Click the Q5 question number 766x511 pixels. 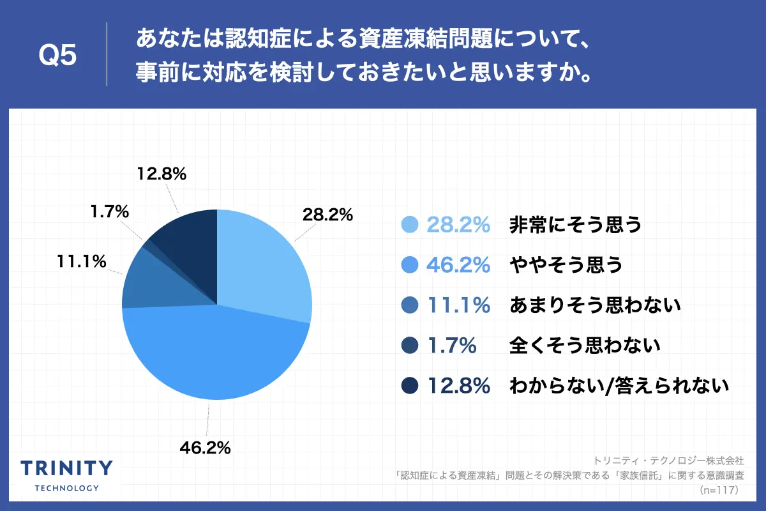[57, 56]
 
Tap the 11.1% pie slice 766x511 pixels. [160, 284]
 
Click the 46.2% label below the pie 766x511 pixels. [205, 448]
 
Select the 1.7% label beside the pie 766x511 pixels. [110, 211]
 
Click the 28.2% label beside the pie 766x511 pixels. [327, 215]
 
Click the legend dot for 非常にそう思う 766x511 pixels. [409, 225]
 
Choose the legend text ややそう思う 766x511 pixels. [566, 265]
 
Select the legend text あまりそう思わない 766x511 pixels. [596, 305]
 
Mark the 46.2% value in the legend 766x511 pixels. [458, 265]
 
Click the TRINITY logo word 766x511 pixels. [66, 468]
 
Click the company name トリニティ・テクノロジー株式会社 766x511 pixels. [668, 460]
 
